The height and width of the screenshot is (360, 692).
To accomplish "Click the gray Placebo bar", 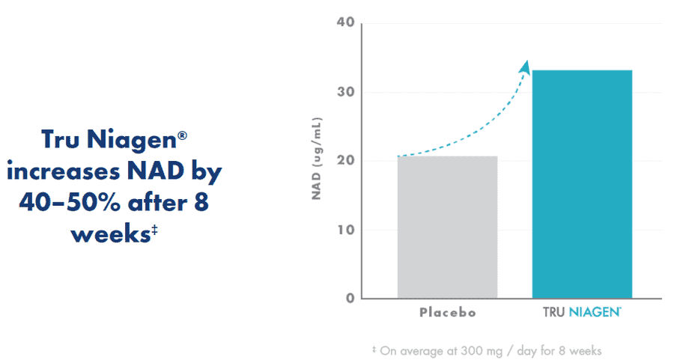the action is [447, 228].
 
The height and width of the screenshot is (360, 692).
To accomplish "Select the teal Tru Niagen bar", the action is [582, 184].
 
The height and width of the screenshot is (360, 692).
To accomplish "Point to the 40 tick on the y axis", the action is [345, 22].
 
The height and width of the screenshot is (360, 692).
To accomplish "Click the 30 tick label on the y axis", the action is [345, 92].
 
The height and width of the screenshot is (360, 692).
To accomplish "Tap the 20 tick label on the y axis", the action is [345, 161].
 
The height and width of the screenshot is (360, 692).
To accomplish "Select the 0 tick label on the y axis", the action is [350, 299].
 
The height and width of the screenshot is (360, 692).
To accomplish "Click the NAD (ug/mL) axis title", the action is [317, 159].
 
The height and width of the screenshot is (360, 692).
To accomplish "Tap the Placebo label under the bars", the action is [448, 312].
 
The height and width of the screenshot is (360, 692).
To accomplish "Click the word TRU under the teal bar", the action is [554, 312].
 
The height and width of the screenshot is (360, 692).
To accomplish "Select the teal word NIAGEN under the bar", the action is [595, 312].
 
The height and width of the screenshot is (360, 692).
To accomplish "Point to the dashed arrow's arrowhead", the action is [524, 67].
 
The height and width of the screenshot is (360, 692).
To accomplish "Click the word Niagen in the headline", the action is [132, 141].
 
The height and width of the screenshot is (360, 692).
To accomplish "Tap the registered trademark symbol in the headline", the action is [182, 135].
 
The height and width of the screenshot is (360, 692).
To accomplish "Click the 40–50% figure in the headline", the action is [70, 203].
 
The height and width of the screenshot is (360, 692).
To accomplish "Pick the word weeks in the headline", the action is [111, 234].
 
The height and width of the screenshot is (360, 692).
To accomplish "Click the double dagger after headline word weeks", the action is [154, 230].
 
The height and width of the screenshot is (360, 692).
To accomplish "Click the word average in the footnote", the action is [422, 351].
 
